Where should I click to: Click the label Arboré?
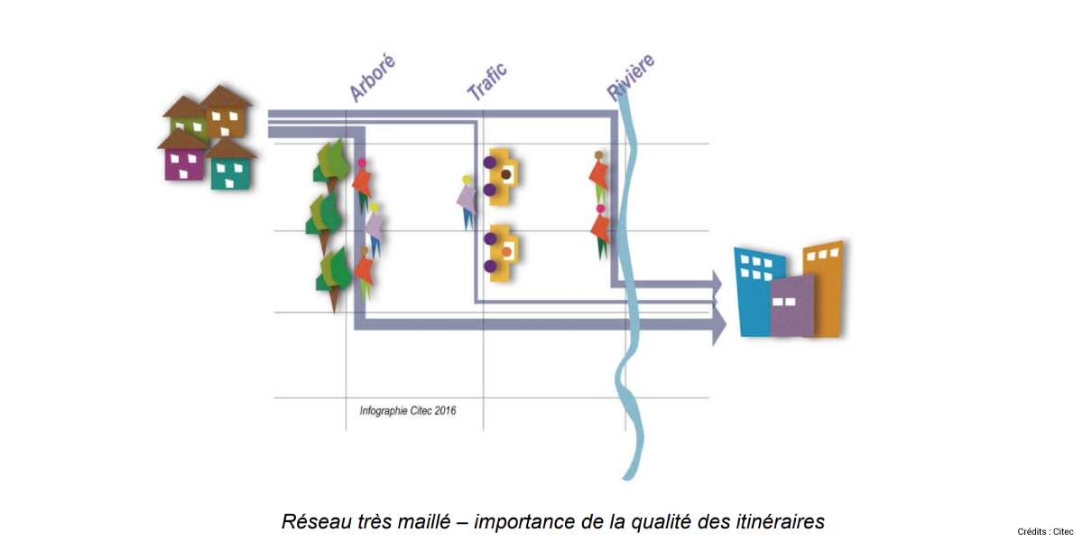click(x=373, y=78)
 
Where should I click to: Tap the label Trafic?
click(x=487, y=80)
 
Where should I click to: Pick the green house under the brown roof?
click(x=189, y=123)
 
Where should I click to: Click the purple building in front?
click(x=791, y=305)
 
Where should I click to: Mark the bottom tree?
click(x=332, y=276)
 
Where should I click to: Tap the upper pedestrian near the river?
click(x=598, y=173)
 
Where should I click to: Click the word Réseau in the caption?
click(x=313, y=521)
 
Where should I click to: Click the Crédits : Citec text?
click(x=1044, y=531)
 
